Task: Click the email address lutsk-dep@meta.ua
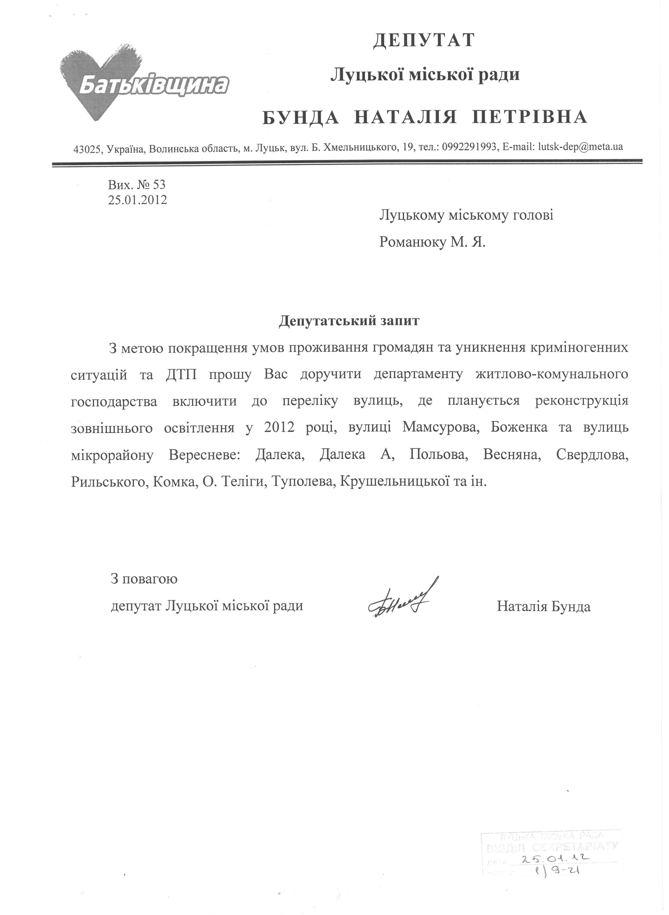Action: click(580, 147)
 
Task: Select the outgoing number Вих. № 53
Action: click(137, 185)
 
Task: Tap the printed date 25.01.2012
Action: click(138, 200)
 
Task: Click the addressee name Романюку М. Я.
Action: click(432, 242)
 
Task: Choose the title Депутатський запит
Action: click(349, 321)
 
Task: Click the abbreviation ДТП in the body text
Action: click(181, 374)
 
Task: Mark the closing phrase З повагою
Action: click(144, 579)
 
